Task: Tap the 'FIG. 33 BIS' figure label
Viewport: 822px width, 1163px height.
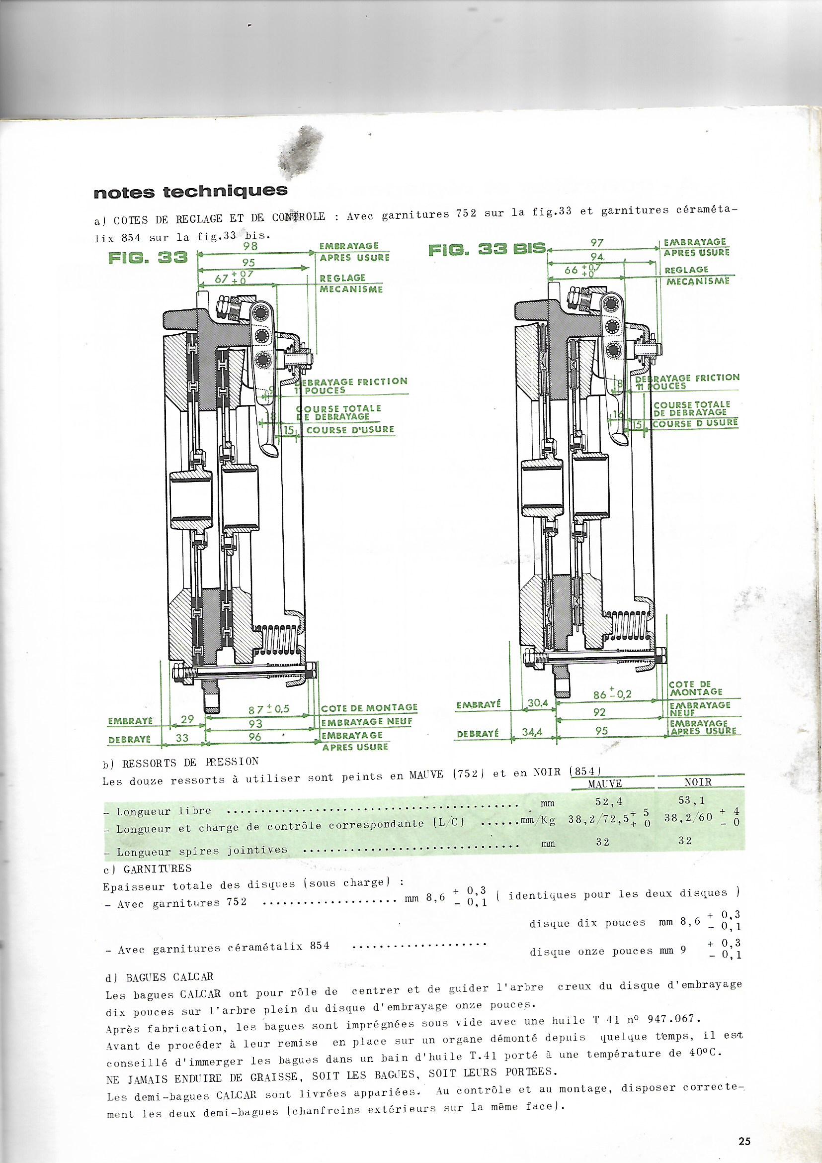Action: click(487, 249)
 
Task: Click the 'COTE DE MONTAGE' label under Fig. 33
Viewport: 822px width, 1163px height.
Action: click(369, 707)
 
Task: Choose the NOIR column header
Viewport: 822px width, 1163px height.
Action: click(698, 782)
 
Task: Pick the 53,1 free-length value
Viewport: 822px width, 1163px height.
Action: click(698, 800)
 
